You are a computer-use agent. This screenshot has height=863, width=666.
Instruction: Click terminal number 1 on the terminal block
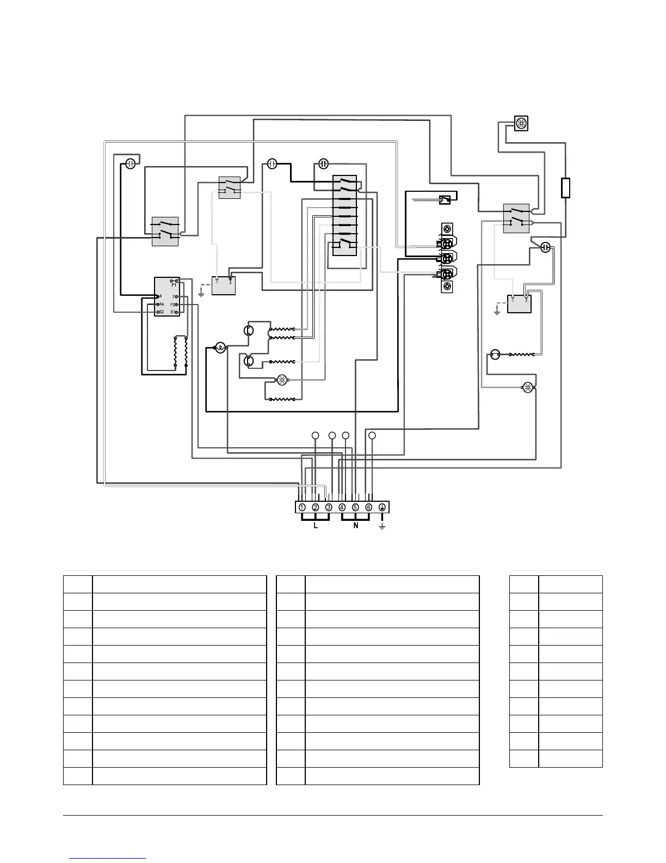[x=302, y=507]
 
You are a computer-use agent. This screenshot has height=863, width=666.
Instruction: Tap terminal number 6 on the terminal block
[x=368, y=507]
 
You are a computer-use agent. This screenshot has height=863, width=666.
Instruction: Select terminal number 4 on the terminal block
[x=342, y=507]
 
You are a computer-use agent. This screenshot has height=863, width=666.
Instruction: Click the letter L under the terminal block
[x=316, y=526]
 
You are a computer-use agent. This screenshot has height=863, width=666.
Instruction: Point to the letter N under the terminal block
[x=355, y=526]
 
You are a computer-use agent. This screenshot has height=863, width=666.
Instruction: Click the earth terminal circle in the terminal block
[x=382, y=507]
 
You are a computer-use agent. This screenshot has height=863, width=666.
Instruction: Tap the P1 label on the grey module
[x=174, y=284]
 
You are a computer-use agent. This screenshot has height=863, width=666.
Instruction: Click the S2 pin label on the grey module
[x=161, y=312]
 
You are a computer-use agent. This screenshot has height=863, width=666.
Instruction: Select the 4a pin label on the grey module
[x=162, y=304]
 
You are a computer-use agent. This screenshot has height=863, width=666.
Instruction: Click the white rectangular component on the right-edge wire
[x=565, y=187]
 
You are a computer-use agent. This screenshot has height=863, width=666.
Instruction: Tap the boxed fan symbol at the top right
[x=521, y=124]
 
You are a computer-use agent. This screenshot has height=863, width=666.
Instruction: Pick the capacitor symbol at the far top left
[x=131, y=163]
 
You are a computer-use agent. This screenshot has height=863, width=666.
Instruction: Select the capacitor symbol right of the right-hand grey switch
[x=546, y=248]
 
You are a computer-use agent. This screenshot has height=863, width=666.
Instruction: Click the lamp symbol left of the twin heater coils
[x=220, y=348]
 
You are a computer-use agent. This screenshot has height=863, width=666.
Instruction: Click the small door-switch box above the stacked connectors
[x=445, y=200]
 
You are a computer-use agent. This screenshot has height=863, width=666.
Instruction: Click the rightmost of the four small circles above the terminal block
[x=372, y=435]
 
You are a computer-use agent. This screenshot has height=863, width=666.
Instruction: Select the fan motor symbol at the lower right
[x=527, y=388]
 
